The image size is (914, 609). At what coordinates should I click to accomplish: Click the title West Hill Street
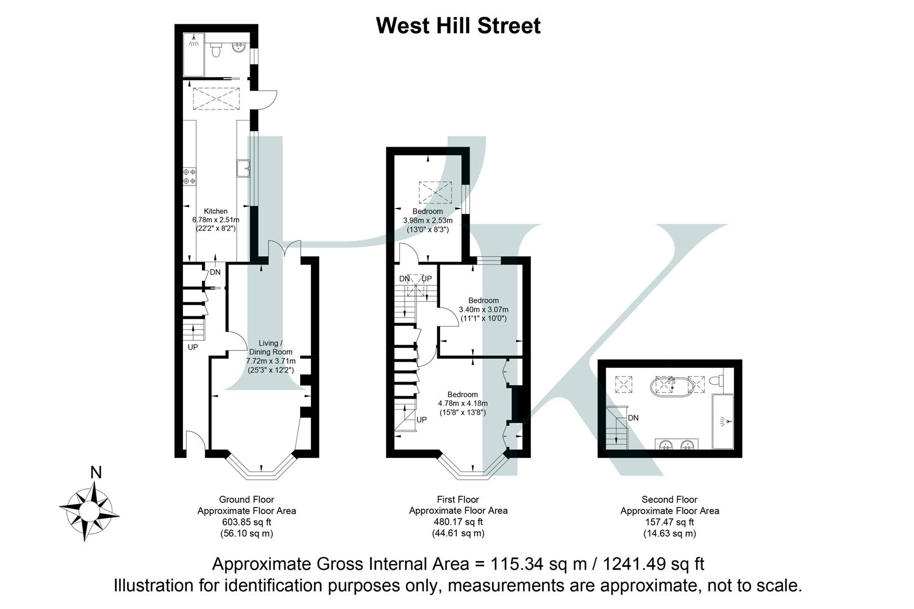pyautogui.click(x=458, y=26)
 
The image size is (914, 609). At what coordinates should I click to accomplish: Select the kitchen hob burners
pyautogui.click(x=189, y=176)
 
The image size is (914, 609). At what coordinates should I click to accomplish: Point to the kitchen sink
pyautogui.click(x=244, y=167)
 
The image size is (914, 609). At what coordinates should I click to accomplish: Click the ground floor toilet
pyautogui.click(x=216, y=51)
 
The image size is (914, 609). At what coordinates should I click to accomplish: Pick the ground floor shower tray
pyautogui.click(x=194, y=55)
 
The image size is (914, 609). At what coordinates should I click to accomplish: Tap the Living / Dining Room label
pyautogui.click(x=270, y=347)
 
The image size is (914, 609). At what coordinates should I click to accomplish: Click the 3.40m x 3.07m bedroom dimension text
pyautogui.click(x=484, y=310)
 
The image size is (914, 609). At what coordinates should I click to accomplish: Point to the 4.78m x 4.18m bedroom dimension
pyautogui.click(x=463, y=404)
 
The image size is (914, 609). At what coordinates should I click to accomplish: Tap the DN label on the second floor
pyautogui.click(x=633, y=418)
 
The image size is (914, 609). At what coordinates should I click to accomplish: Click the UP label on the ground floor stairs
pyautogui.click(x=193, y=347)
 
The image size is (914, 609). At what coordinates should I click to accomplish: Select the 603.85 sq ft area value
pyautogui.click(x=246, y=522)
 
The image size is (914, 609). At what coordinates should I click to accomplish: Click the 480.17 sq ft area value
pyautogui.click(x=458, y=522)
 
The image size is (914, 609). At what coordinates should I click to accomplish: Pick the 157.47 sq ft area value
pyautogui.click(x=669, y=522)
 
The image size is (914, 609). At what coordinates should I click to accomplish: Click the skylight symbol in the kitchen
pyautogui.click(x=216, y=99)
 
